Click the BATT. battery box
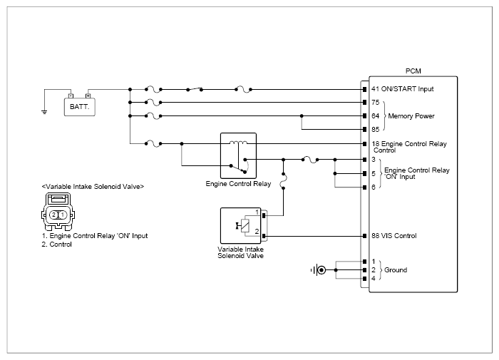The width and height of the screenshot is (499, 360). click(x=80, y=107)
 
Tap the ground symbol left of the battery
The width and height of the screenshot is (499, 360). click(x=44, y=112)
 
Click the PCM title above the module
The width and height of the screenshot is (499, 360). click(x=413, y=71)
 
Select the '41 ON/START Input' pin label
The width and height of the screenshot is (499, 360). click(x=403, y=89)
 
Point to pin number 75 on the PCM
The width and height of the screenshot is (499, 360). click(x=376, y=103)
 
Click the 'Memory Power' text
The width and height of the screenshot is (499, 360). click(x=411, y=116)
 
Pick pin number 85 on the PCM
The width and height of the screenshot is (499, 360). click(x=376, y=130)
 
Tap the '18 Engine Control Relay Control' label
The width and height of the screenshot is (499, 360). click(x=409, y=147)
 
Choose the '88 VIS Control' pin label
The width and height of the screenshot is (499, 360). click(x=394, y=236)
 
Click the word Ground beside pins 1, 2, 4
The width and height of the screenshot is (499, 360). click(x=396, y=270)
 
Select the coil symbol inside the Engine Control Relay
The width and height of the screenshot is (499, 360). click(x=238, y=143)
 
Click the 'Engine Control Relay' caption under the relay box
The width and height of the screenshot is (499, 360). click(x=238, y=184)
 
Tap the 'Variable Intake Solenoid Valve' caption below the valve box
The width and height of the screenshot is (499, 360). click(x=241, y=253)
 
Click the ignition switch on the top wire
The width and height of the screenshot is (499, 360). click(x=195, y=89)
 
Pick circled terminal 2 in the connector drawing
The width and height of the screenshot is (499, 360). click(x=53, y=215)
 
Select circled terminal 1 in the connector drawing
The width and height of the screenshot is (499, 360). click(x=63, y=215)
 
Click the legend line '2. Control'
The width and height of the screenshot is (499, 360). click(x=56, y=245)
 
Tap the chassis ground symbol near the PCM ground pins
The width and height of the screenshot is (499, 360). click(x=318, y=270)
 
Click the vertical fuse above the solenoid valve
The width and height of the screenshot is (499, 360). click(x=283, y=181)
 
